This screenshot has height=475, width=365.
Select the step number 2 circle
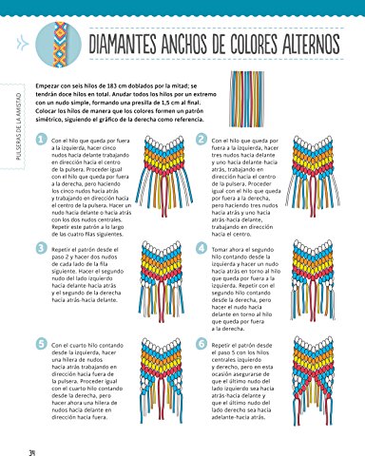coord(200,141)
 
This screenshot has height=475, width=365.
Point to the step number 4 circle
coord(200,248)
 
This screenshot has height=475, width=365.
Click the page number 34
coord(32,451)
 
